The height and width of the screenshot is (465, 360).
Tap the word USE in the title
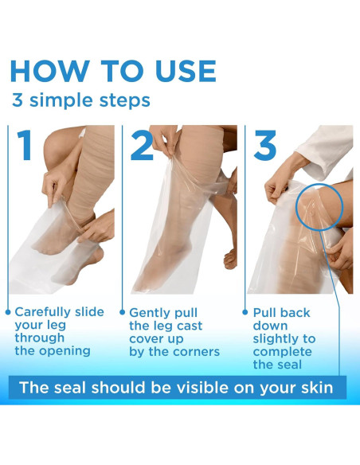(186, 71)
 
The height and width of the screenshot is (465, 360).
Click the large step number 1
(25, 145)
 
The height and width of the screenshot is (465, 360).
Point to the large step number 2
(142, 145)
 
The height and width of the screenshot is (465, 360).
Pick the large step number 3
(264, 145)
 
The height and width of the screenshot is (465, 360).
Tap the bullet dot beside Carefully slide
(8, 312)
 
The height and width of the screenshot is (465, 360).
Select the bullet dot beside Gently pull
(122, 312)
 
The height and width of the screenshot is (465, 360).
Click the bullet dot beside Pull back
(245, 312)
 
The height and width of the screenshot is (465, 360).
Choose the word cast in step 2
(190, 326)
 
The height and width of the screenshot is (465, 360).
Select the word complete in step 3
(282, 353)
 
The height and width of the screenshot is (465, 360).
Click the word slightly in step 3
(274, 339)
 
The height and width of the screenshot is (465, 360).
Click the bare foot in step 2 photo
(230, 258)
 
